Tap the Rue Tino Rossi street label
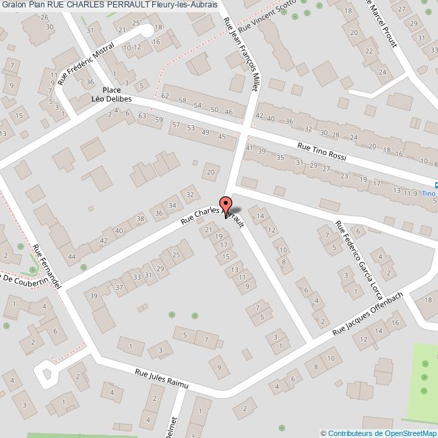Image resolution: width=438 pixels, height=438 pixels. coord(322,150)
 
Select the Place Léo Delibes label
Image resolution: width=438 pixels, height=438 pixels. coord(111,94)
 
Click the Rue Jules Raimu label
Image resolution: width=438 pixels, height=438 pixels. coord(161,379)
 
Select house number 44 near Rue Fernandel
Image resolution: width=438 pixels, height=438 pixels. coord(71,257)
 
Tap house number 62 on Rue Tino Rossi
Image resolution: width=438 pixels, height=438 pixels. coord(165,96)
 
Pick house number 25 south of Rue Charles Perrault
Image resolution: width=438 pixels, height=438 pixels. coord(177,255)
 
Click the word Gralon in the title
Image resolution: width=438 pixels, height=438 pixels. coord(14,5)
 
